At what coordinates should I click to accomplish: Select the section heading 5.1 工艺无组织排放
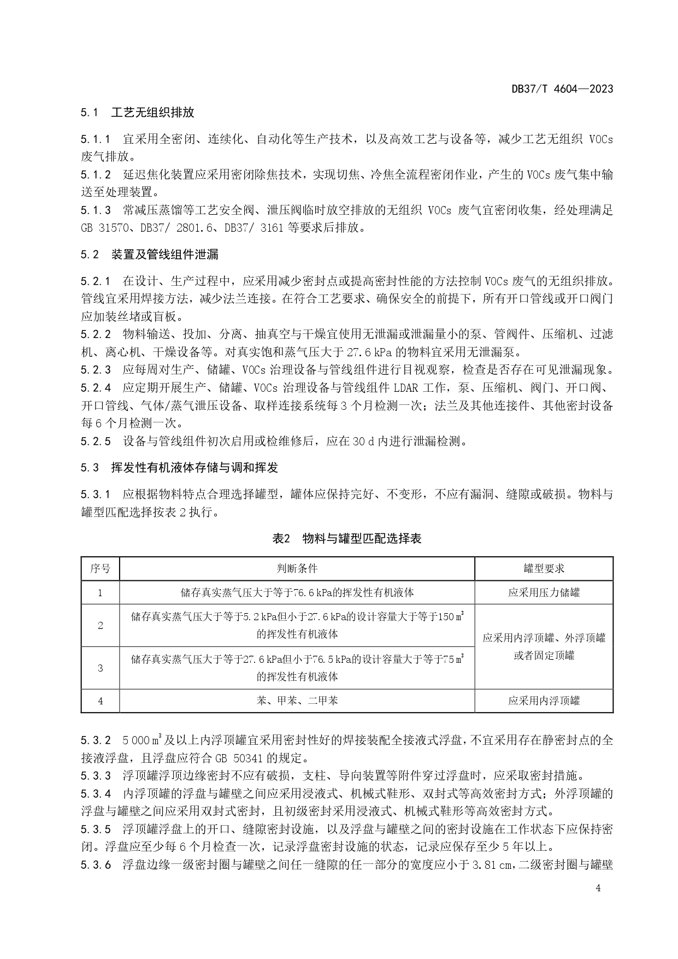(137, 113)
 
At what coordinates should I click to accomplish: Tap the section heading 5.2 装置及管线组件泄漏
(150, 254)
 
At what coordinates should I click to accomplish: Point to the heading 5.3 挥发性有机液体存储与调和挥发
(179, 467)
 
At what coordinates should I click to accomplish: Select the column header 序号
(100, 568)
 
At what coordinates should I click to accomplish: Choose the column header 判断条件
(297, 568)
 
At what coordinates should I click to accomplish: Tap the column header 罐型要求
(544, 568)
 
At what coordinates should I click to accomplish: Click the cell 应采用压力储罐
(544, 592)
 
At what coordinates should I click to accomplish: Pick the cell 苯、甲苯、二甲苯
(297, 701)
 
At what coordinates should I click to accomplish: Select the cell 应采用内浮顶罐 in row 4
(544, 701)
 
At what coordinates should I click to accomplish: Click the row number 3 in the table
(100, 668)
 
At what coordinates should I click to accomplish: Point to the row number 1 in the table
(100, 592)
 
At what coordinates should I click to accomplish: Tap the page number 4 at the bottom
(598, 888)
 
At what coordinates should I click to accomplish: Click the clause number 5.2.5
(96, 441)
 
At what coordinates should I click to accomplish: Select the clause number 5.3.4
(96, 793)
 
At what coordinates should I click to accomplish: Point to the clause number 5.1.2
(96, 175)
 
